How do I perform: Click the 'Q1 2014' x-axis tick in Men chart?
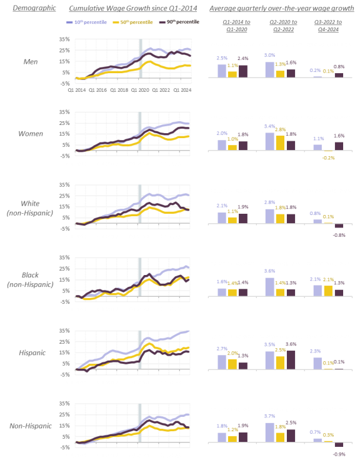[x=77, y=90]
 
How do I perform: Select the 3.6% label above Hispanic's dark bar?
[x=290, y=344]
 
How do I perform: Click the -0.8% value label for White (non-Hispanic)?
[x=339, y=235]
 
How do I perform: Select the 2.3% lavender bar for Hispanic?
[x=318, y=363]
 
